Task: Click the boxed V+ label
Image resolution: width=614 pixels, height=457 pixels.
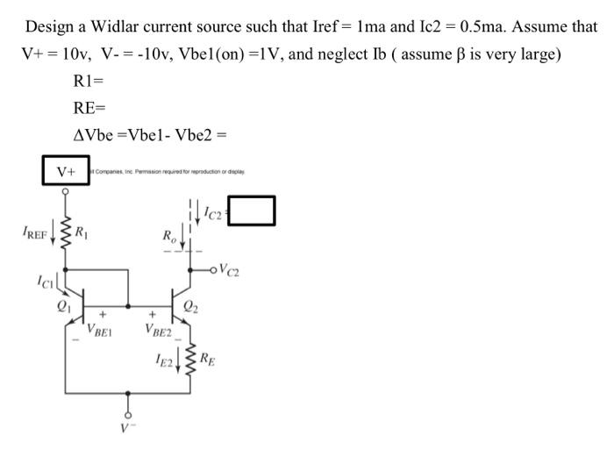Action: [66, 171]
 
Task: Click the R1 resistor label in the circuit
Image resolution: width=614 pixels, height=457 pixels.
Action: [82, 233]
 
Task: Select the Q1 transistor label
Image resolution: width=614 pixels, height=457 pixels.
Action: [62, 306]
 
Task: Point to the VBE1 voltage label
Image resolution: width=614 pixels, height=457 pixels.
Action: [101, 330]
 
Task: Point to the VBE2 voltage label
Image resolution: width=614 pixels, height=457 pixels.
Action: [160, 331]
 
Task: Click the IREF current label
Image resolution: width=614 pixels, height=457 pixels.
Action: [36, 233]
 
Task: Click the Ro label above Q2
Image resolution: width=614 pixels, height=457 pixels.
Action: [168, 234]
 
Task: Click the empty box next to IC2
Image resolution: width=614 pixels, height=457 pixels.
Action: [252, 211]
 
